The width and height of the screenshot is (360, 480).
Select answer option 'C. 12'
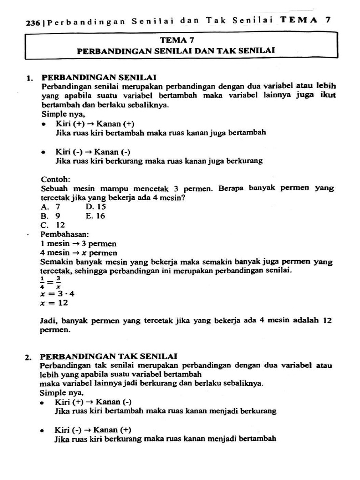(53, 225)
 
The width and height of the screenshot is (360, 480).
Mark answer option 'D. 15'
(96, 207)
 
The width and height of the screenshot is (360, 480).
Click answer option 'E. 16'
(96, 216)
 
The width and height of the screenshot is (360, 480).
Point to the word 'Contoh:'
(55, 179)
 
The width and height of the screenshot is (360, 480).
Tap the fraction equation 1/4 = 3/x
(51, 283)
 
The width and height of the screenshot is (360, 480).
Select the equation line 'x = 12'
(55, 303)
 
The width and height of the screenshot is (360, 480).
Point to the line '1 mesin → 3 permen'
(78, 244)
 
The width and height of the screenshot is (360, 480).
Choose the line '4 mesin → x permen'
(79, 253)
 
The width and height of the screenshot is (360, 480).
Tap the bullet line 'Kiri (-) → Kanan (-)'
(93, 152)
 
